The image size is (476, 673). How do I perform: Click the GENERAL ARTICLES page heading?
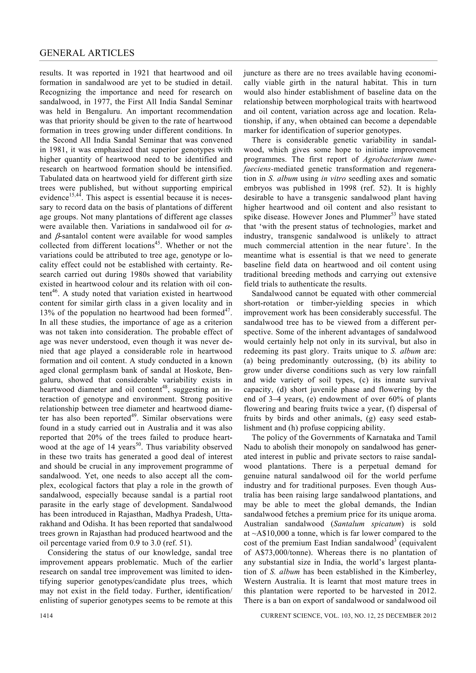87,53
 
